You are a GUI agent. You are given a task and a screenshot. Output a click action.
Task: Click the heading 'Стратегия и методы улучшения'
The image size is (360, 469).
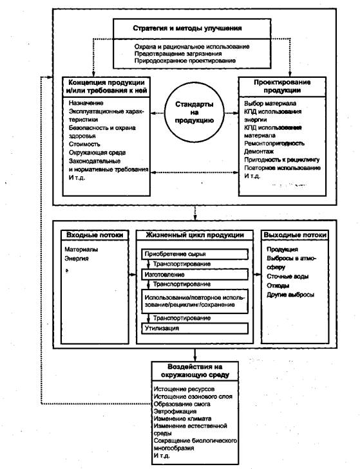pyautogui.click(x=187, y=28)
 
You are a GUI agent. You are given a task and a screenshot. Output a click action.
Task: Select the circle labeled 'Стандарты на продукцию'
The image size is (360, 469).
pyautogui.click(x=194, y=113)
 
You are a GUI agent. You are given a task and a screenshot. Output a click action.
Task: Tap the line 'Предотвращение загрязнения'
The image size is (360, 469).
pyautogui.click(x=178, y=54)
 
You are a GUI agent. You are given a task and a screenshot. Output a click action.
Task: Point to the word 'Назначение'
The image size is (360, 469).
pyautogui.click(x=86, y=103)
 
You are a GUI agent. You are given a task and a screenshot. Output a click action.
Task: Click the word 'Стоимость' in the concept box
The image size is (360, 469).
pyautogui.click(x=84, y=144)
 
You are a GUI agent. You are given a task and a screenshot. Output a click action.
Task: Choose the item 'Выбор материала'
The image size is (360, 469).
pyautogui.click(x=270, y=104)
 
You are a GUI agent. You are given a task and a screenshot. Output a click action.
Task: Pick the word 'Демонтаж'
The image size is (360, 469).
pyautogui.click(x=259, y=152)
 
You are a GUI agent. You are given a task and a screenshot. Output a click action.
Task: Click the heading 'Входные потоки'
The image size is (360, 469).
pyautogui.click(x=95, y=235)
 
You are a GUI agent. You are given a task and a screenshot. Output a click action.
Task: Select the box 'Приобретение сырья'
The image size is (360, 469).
pyautogui.click(x=194, y=254)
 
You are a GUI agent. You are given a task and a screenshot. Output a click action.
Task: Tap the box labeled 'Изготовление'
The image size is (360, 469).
pyautogui.click(x=194, y=275)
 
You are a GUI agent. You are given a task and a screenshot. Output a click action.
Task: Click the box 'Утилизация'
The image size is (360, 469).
pyautogui.click(x=194, y=328)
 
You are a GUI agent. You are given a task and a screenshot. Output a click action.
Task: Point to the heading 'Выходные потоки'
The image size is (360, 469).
pyautogui.click(x=295, y=235)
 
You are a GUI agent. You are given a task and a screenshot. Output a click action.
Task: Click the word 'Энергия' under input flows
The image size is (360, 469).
pyautogui.click(x=77, y=259)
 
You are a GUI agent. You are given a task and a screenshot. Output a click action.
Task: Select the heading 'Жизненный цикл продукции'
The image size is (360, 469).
pyautogui.click(x=194, y=235)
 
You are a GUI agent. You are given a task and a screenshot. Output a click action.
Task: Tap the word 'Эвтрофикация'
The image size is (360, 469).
pyautogui.click(x=175, y=412)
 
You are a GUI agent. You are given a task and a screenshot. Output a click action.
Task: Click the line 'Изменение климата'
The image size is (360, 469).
pyautogui.click(x=183, y=419)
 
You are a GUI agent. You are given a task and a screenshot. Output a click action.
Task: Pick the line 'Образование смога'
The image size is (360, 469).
pyautogui.click(x=182, y=405)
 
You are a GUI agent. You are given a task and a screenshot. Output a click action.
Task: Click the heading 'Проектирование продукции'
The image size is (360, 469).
pyautogui.click(x=282, y=86)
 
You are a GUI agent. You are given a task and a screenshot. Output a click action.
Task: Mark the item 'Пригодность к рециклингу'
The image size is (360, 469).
pyautogui.click(x=282, y=160)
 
